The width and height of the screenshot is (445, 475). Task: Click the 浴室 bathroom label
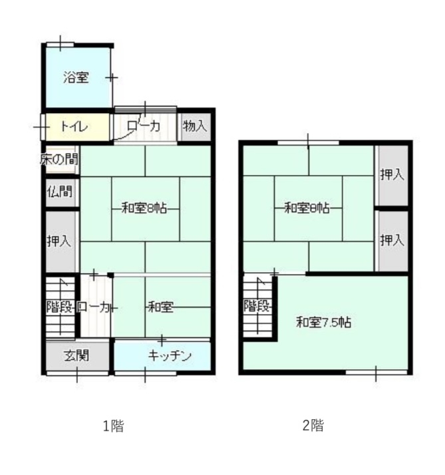76,78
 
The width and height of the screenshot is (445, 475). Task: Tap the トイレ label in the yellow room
74,126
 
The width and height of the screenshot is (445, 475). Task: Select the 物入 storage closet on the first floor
195,126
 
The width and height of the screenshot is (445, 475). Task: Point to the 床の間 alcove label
59,160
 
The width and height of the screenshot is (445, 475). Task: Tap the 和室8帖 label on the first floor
144,208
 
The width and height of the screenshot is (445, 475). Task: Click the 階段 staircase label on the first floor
60,307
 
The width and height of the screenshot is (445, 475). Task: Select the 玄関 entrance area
77,355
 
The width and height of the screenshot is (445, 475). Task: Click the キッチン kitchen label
170,356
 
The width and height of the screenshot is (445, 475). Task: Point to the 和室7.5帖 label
324,322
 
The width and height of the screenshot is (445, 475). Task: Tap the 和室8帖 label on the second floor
307,208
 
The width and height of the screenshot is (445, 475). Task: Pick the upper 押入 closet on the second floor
392,175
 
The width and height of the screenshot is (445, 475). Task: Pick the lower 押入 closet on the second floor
392,241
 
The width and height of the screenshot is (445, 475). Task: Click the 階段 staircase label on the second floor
257,306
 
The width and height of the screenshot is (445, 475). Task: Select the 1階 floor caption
113,426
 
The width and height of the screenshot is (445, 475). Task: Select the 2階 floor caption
313,425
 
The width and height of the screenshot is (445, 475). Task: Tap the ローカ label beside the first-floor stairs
93,307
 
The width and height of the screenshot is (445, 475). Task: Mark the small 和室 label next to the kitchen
160,307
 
